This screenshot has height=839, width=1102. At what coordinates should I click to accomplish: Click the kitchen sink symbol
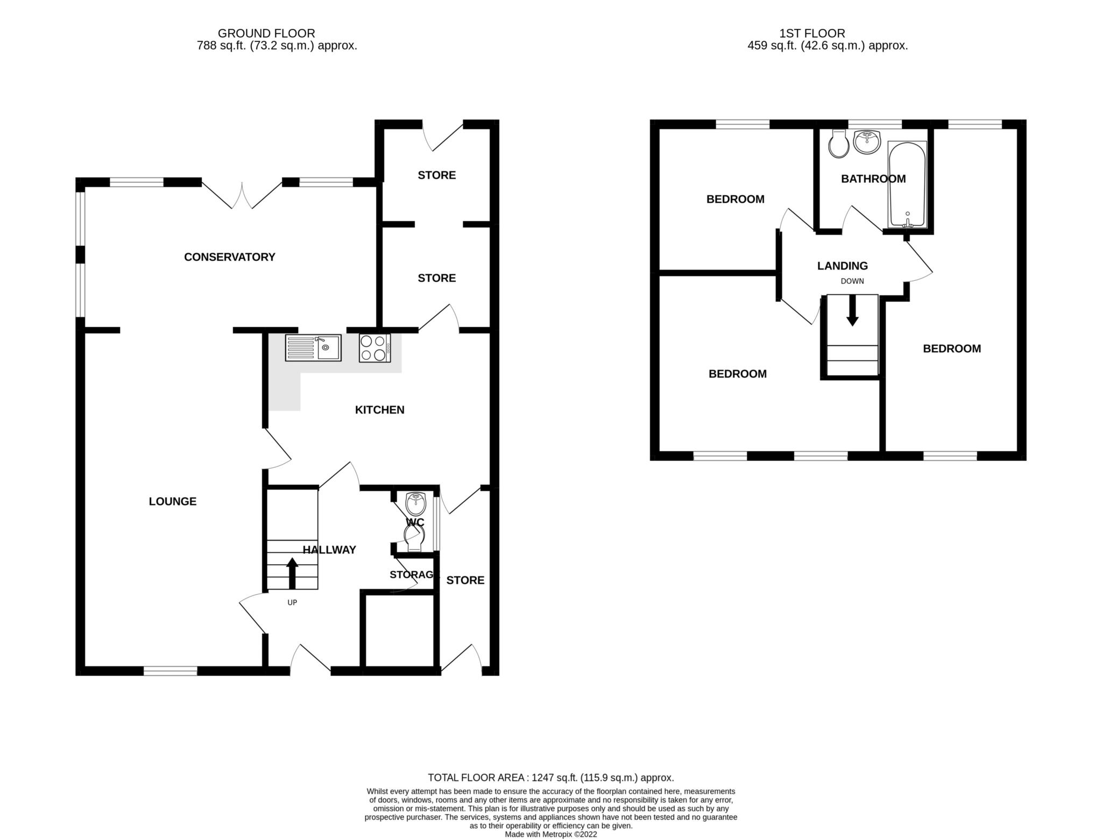pos(313,347)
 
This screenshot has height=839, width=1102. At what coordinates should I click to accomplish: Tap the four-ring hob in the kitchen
pos(375,348)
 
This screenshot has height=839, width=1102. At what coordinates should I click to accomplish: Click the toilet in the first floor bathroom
pos(839,144)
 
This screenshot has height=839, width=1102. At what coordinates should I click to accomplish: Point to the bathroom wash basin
pos(867,142)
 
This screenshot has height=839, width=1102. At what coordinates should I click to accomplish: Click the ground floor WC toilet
pos(415,538)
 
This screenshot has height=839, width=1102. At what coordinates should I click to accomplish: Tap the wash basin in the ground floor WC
pos(416,503)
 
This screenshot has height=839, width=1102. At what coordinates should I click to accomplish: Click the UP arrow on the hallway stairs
pos(292,573)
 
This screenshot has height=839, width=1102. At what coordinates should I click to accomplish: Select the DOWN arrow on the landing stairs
pos(852,310)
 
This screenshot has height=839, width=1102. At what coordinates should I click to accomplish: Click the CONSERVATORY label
pos(230,257)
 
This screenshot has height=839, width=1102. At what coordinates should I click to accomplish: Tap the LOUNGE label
pos(173,501)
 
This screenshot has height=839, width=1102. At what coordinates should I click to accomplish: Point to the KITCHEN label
pos(380,410)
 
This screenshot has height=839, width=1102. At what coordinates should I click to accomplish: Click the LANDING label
pos(843,266)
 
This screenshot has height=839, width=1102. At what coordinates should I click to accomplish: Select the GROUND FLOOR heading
pos(266,33)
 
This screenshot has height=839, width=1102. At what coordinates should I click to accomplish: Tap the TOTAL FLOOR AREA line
pos(551,778)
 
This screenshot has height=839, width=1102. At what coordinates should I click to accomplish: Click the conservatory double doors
pos(242,195)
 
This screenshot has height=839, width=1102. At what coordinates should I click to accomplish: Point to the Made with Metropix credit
pos(551,835)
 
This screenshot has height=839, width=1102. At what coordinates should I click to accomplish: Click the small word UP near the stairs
pos(292,603)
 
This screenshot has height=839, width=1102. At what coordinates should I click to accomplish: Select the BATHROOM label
pos(873,179)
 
